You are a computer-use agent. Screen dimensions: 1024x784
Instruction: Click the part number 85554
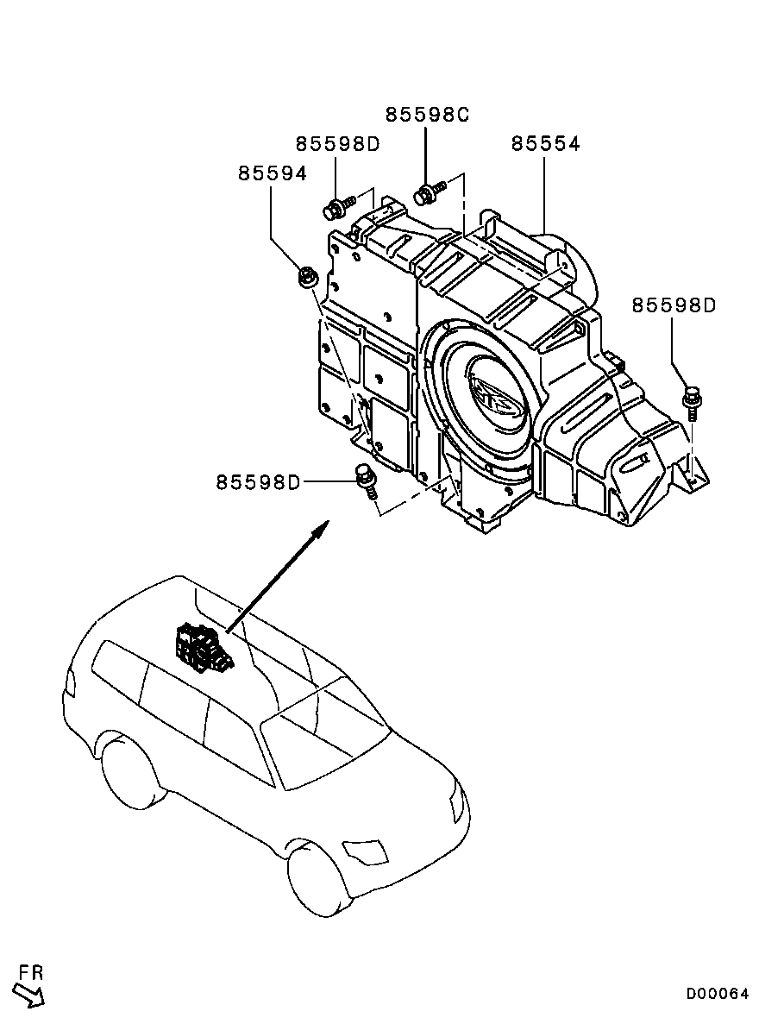point(545,144)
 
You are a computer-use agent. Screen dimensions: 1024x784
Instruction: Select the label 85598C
point(426,115)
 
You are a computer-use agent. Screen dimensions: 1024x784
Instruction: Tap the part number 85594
point(272,173)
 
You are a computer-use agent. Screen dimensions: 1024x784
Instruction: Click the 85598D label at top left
point(337,144)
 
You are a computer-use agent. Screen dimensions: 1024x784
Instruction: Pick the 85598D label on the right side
point(674,305)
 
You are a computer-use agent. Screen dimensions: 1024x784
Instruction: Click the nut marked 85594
point(306,277)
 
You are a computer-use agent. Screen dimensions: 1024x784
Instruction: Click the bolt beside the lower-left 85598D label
point(367,480)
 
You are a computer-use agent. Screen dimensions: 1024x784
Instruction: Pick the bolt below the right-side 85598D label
point(692,402)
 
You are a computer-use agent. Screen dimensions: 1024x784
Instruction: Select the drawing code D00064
point(718,994)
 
